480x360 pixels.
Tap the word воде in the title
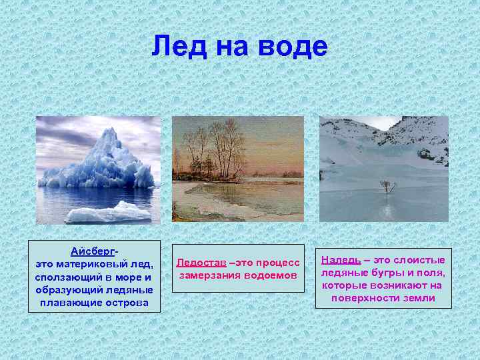click(295, 47)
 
